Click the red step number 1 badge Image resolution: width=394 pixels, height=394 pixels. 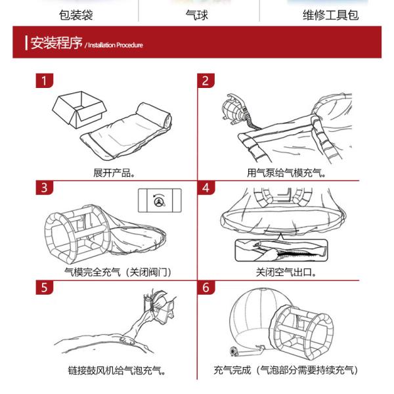[x=45, y=81]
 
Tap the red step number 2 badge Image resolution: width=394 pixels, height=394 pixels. [x=206, y=81]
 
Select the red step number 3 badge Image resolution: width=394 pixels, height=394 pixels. [x=45, y=187]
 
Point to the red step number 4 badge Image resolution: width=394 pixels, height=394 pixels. [x=206, y=187]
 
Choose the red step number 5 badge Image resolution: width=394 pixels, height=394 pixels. [x=45, y=287]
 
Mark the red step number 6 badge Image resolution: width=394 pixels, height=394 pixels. [x=206, y=287]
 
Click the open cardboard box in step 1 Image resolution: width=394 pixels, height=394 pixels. [x=79, y=110]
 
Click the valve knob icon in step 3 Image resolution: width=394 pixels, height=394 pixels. [x=160, y=200]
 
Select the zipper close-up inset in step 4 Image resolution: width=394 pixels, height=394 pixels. [x=282, y=250]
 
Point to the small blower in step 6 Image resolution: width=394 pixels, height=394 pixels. [x=234, y=351]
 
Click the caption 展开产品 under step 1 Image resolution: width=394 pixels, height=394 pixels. [x=114, y=173]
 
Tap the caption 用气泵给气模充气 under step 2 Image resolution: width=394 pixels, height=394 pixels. [x=286, y=173]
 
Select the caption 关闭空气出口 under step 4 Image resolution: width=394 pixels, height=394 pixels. [x=286, y=272]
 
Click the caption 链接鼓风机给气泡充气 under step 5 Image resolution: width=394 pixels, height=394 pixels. [x=117, y=370]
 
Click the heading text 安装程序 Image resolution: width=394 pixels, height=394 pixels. [x=56, y=43]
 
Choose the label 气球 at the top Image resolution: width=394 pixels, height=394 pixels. [x=197, y=15]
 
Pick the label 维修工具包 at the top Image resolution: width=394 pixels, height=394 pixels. [x=331, y=15]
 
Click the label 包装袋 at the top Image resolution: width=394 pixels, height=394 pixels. [x=76, y=15]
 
